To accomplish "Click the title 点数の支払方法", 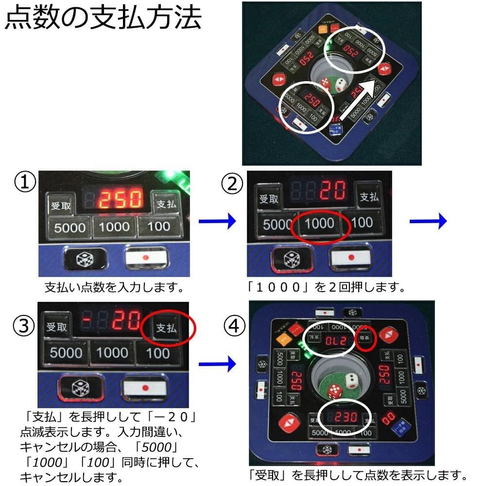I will (x=103, y=19).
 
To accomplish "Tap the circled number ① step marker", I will (x=26, y=184).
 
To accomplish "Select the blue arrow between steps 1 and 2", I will (x=217, y=222).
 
